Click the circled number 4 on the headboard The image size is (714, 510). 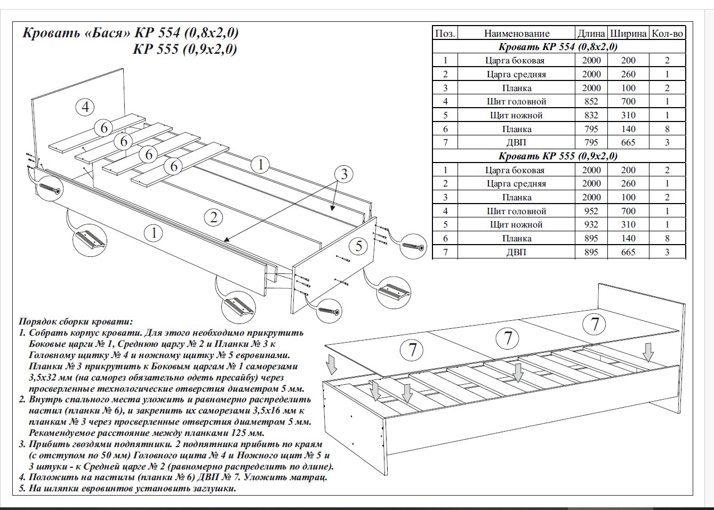pos(85,107)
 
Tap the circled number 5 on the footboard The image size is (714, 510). pos(359,246)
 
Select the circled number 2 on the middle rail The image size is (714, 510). pos(213,217)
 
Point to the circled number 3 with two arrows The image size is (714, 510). pos(344,174)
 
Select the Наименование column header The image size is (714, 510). pos(516,34)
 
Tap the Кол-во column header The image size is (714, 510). pos(667,34)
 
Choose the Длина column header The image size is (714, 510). pos(591,34)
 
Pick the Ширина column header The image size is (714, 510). pos(628,34)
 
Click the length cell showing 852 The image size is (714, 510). pos(591,101)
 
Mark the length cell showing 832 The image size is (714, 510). pos(591,115)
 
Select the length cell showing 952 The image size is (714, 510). pos(591,211)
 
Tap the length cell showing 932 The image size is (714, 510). pos(591,224)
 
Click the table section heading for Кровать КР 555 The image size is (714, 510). pos(558,156)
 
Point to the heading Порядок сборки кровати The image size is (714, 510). pos(75,322)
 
